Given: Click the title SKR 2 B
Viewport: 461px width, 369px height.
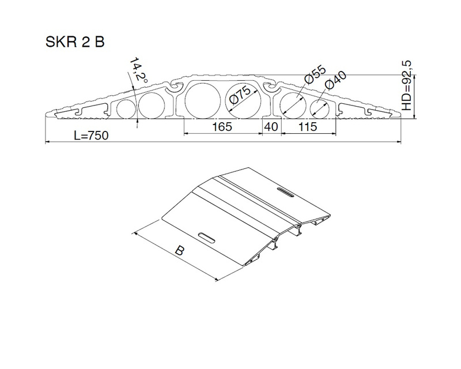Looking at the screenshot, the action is point(75,42).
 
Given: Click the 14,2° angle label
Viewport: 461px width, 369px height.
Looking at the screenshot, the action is point(138,69).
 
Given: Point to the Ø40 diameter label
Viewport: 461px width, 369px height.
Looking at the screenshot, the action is point(336,80).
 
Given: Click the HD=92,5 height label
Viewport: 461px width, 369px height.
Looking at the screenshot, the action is point(407,85).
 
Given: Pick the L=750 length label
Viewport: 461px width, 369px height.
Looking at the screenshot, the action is point(91,135).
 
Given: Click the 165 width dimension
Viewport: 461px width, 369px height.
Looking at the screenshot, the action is point(222,126).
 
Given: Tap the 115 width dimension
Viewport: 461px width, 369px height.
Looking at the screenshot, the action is point(308,126).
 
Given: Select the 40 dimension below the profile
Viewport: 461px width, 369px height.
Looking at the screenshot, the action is point(271,126).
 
